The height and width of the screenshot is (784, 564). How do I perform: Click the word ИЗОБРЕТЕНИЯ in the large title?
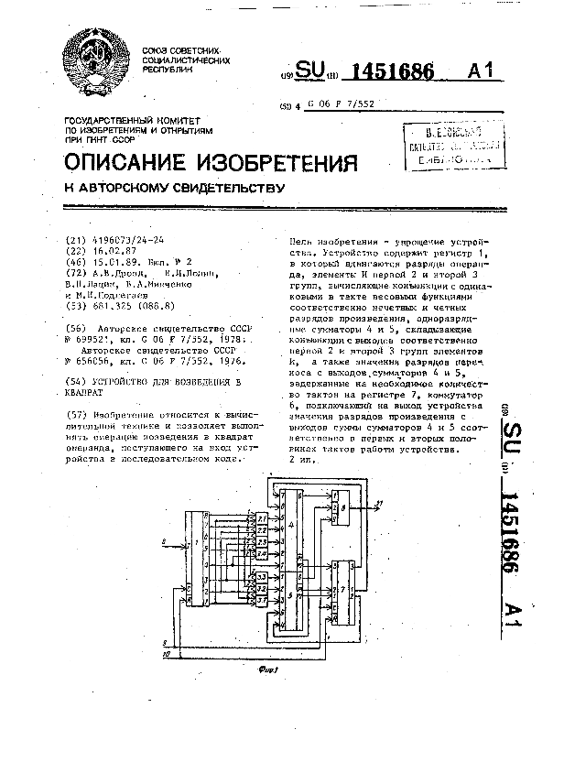coord(277,163)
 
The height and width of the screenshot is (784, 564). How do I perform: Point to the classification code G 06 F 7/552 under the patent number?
coord(342,106)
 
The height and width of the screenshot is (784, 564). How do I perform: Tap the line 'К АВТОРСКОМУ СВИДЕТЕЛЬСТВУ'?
coord(174,189)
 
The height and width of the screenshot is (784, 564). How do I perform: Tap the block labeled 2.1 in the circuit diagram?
coord(261,519)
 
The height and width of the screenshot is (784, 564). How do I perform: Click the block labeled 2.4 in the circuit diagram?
coord(261,553)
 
